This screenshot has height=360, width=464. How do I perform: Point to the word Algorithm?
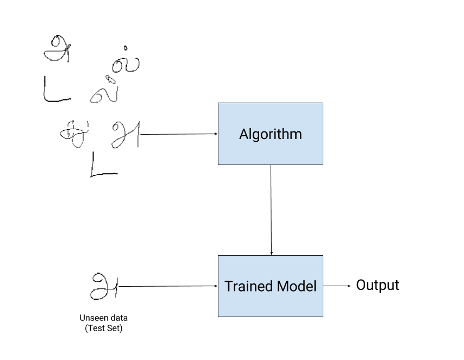tap(270, 134)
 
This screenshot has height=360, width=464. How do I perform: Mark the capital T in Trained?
tap(228, 286)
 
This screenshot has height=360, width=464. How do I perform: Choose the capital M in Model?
tap(285, 286)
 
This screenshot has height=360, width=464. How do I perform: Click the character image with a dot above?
tap(126, 59)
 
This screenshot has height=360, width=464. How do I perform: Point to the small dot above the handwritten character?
tap(126, 48)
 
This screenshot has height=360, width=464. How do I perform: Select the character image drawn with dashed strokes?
tap(73, 134)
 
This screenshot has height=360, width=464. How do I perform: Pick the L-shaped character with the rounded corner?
tap(57, 89)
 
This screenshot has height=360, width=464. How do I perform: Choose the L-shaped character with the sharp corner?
tap(103, 164)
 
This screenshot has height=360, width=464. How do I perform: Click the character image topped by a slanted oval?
tap(103, 89)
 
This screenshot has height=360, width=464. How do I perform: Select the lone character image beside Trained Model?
tap(103, 286)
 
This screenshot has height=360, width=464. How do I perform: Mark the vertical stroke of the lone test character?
tap(111, 286)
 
